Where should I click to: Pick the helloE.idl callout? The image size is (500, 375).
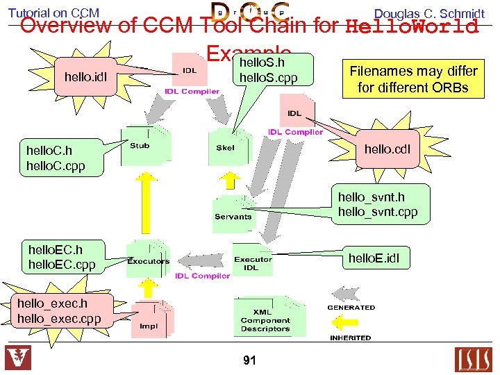378,259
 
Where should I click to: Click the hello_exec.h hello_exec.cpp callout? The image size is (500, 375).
59,310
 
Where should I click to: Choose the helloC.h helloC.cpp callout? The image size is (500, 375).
56,158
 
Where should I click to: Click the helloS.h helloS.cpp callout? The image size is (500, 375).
268,70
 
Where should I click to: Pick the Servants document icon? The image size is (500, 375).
233,212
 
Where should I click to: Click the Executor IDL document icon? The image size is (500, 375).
253,262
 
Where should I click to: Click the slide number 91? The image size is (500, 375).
250,360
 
